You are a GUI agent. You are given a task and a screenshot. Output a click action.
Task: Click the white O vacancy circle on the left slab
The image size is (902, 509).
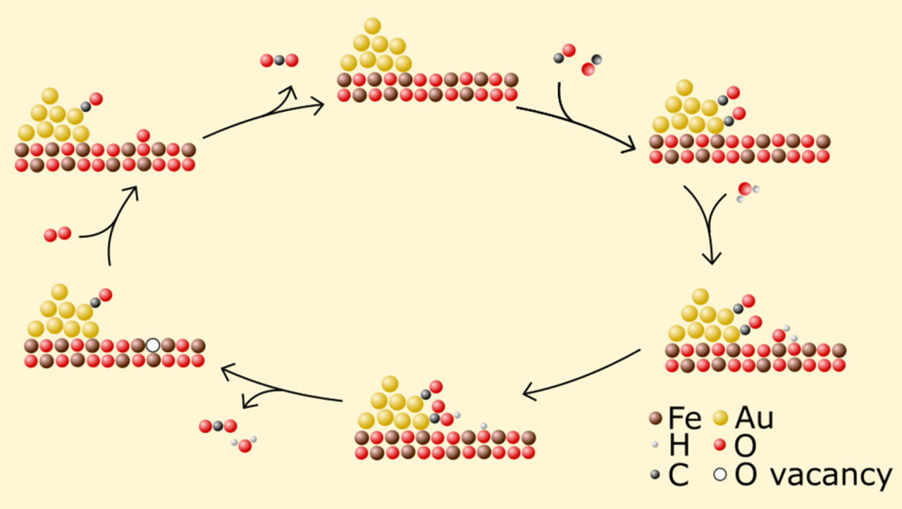pyautogui.click(x=153, y=346)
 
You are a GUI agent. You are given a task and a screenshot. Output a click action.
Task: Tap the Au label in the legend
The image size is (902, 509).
pyautogui.click(x=753, y=419)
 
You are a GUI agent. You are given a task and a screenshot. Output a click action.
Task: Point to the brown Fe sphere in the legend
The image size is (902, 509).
pyautogui.click(x=655, y=419)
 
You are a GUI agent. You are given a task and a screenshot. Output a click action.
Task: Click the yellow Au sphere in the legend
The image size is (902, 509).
pyautogui.click(x=719, y=419)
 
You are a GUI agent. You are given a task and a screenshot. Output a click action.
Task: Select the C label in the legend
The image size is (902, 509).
pyautogui.click(x=678, y=475)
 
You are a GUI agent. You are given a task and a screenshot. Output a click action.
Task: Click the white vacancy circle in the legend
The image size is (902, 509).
pyautogui.click(x=719, y=475)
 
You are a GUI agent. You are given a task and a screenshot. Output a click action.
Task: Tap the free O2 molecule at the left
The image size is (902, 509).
pyautogui.click(x=57, y=234)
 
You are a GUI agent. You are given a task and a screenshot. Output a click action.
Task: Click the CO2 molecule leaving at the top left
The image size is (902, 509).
pyautogui.click(x=279, y=61)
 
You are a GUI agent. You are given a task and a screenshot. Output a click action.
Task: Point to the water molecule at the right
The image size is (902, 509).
pyautogui.click(x=746, y=191)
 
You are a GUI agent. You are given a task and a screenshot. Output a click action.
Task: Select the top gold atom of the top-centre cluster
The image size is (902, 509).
pyautogui.click(x=373, y=27)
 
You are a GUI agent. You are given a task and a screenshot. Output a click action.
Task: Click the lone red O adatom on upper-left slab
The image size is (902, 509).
pyautogui.click(x=143, y=135)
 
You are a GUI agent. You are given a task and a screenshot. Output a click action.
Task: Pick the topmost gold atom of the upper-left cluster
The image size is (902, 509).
pyautogui.click(x=49, y=96)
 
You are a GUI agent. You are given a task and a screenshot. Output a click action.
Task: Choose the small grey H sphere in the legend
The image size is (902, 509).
pyautogui.click(x=655, y=446)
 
